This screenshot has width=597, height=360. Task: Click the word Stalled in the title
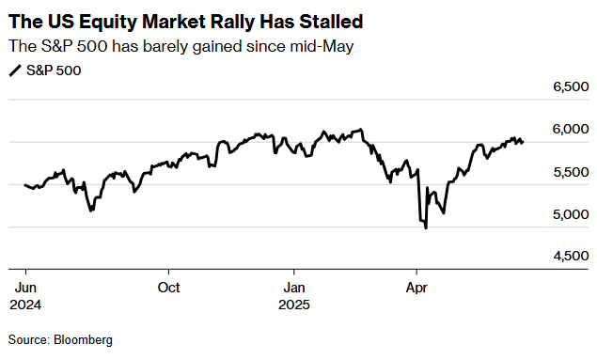click(331, 22)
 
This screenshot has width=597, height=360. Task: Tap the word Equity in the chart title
click(107, 23)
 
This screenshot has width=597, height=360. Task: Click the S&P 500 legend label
click(54, 70)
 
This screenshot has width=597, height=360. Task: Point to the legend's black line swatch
click(15, 70)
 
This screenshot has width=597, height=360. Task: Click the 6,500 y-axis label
click(571, 86)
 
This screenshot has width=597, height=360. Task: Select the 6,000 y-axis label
click(571, 130)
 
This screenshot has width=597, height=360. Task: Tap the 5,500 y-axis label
click(571, 172)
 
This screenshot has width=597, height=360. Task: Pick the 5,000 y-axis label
click(571, 214)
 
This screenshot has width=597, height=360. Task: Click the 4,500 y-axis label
click(571, 256)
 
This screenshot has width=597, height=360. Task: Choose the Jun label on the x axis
click(25, 288)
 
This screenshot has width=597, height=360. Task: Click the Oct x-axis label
click(168, 288)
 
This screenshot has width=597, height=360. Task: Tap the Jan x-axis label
click(294, 288)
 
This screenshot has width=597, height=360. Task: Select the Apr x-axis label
click(416, 288)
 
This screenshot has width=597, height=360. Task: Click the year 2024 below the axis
click(25, 305)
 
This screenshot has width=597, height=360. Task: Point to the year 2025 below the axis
click(294, 305)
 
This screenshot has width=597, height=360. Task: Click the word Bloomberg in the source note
click(83, 340)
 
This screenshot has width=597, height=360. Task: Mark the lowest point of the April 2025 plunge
click(426, 228)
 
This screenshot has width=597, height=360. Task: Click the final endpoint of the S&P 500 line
click(523, 142)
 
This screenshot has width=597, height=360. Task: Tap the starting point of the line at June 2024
click(25, 185)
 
